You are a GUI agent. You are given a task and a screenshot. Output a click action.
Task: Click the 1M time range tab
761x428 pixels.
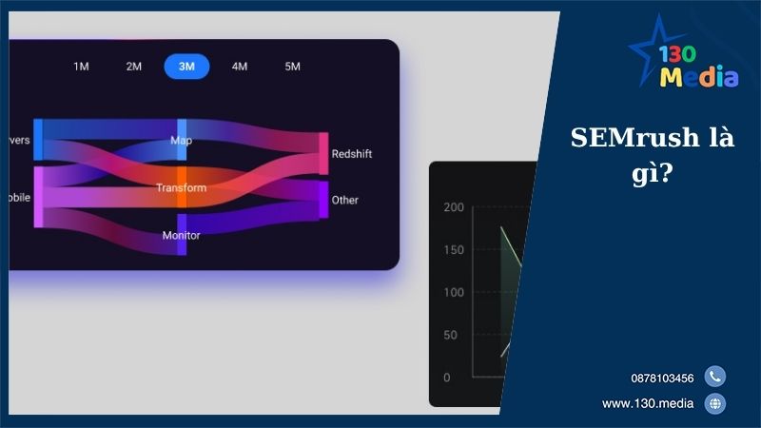coord(82,67)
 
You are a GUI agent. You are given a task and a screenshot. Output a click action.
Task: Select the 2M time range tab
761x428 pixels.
coord(134,67)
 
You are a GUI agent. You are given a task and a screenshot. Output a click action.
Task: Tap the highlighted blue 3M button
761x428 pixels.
coord(186,67)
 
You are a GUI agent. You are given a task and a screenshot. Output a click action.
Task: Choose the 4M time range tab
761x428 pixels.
coord(240,67)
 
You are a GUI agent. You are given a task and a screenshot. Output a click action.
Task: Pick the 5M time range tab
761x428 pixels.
coord(292,67)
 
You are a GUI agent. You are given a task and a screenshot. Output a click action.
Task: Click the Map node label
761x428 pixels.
coord(181,141)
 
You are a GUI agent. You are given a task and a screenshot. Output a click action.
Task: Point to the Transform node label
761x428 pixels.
coord(181,188)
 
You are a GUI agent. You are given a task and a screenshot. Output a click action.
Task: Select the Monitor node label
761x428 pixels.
coord(181,235)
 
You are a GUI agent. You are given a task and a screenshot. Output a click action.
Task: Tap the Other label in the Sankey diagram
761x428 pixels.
coord(344,201)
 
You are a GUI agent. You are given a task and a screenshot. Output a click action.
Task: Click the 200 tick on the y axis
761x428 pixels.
coord(454,207)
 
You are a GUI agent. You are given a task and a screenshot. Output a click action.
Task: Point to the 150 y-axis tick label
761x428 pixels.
coord(454,250)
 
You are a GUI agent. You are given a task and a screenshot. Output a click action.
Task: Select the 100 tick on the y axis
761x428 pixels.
coord(454,292)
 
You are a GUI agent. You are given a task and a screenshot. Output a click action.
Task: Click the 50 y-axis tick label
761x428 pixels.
coord(450,335)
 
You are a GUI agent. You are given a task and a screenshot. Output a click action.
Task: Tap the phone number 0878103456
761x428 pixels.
coord(661,378)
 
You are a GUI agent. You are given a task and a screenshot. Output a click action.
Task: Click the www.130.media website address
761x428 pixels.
coord(647,404)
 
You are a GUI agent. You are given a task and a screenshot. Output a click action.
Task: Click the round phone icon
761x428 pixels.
coord(715,377)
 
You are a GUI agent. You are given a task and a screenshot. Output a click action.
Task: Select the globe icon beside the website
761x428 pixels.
coord(715,404)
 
